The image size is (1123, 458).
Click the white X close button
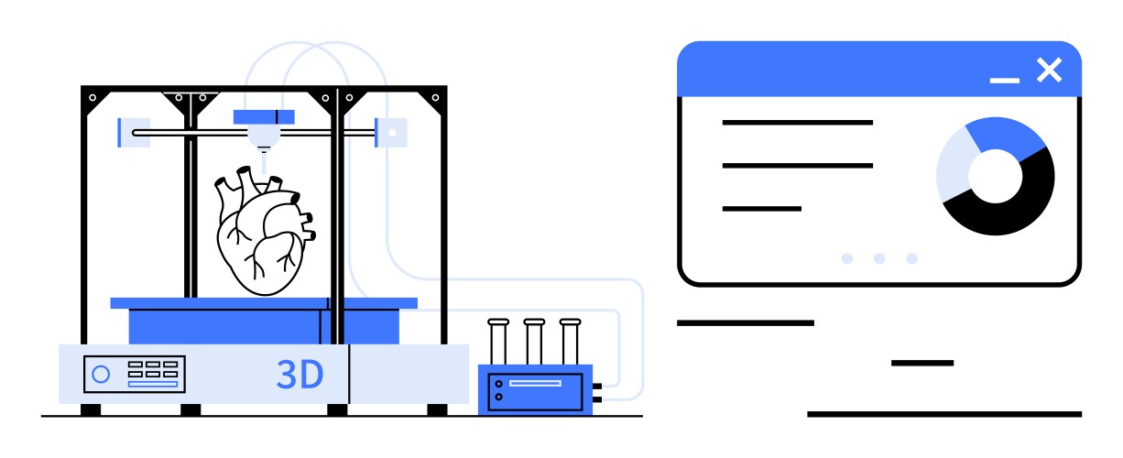pyautogui.click(x=1050, y=70)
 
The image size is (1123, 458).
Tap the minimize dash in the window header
pyautogui.click(x=1004, y=81)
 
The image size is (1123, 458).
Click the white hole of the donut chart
pyautogui.click(x=995, y=176)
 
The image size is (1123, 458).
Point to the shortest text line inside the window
pyautogui.click(x=761, y=209)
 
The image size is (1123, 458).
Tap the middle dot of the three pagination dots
pyautogui.click(x=879, y=258)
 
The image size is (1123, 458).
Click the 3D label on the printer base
pyautogui.click(x=300, y=374)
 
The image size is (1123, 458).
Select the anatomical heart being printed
pyautogui.click(x=263, y=231)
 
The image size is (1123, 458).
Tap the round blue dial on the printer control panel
pyautogui.click(x=101, y=375)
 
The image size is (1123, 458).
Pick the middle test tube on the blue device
pyautogui.click(x=534, y=342)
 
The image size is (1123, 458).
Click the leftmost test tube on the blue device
pyautogui.click(x=498, y=342)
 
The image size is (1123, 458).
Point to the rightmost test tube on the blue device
pyautogui.click(x=570, y=342)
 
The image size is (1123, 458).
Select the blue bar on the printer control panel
pyautogui.click(x=153, y=385)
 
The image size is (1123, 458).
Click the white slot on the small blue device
pyautogui.click(x=535, y=383)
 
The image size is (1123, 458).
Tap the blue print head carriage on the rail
pyautogui.click(x=264, y=116)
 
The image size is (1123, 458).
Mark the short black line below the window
pyautogui.click(x=922, y=363)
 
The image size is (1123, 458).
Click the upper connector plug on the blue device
pyautogui.click(x=597, y=387)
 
